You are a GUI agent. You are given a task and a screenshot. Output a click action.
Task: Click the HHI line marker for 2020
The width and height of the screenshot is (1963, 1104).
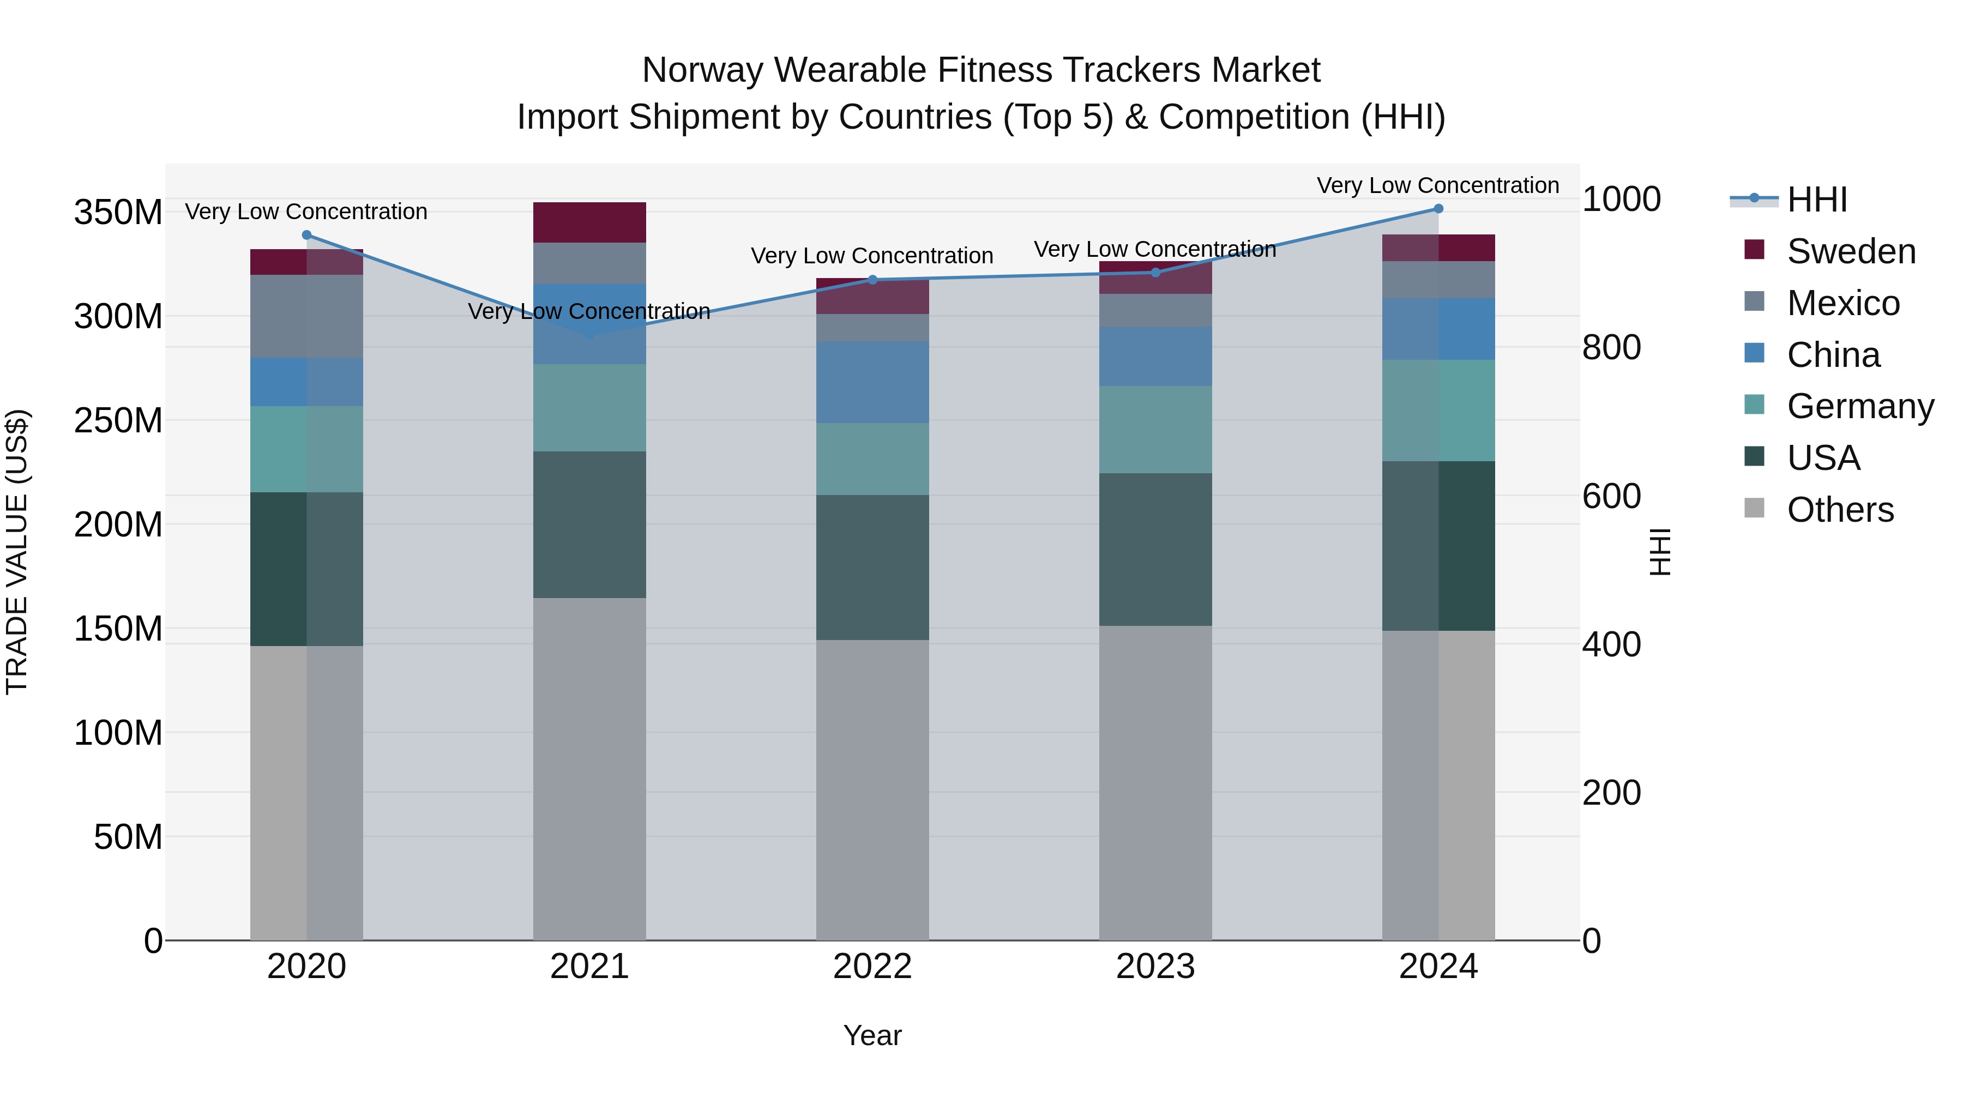[x=306, y=234]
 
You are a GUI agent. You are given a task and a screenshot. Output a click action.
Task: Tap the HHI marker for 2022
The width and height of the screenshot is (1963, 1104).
[x=872, y=280]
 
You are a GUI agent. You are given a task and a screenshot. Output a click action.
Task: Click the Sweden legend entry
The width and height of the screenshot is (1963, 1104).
[x=1851, y=251]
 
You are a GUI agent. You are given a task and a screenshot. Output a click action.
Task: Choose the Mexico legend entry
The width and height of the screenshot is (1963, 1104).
[x=1842, y=303]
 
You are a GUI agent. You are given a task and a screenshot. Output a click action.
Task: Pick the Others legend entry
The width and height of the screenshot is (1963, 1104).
[x=1840, y=510]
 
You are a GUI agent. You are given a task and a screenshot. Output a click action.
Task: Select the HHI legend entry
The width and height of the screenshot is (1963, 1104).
[x=1817, y=200]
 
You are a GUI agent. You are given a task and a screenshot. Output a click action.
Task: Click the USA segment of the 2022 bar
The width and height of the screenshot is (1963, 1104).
[x=872, y=567]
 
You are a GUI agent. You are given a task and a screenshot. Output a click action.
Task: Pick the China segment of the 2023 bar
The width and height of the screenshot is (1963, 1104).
[x=1155, y=356]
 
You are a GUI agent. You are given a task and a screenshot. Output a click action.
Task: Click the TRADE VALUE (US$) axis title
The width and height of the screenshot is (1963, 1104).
[x=17, y=552]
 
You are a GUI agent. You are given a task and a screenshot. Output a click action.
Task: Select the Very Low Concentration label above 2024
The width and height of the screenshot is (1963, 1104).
[x=1437, y=185]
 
